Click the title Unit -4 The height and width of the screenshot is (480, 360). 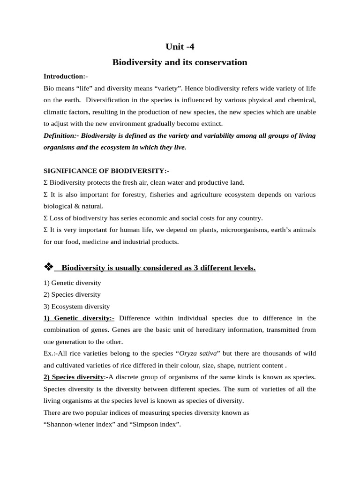tap(180, 46)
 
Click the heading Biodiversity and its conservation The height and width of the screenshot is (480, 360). tap(180, 62)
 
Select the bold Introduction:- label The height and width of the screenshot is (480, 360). tap(66, 76)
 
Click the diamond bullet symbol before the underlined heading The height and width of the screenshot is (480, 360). tap(49, 267)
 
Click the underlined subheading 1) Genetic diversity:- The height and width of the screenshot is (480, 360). tap(79, 318)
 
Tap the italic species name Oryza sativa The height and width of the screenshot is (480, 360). tap(199, 353)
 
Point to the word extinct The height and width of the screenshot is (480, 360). tap(211, 124)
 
